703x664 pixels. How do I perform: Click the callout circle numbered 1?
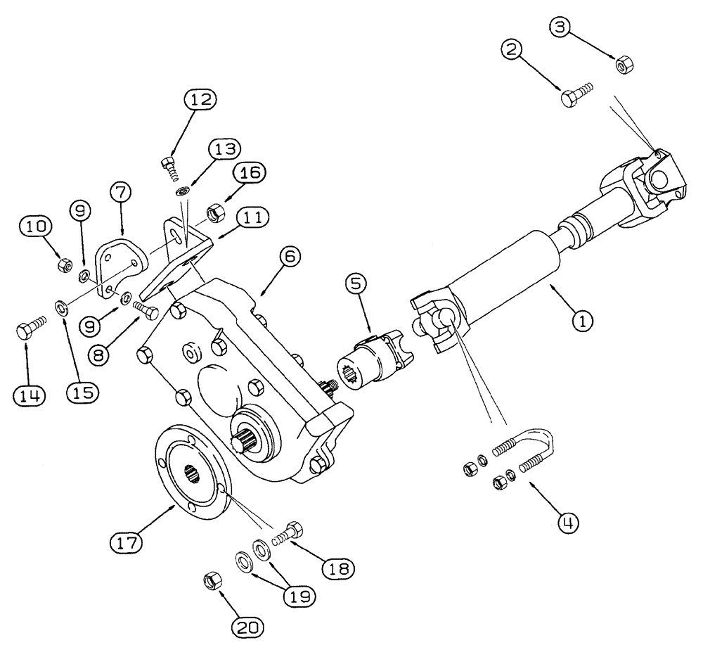click(x=582, y=322)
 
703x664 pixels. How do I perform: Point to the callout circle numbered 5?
click(x=356, y=285)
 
